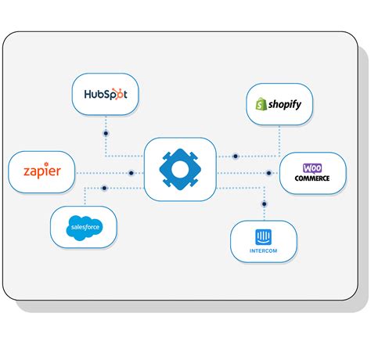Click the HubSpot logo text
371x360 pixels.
(x=105, y=95)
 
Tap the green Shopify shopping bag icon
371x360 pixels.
(x=260, y=104)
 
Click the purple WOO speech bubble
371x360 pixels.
(x=312, y=167)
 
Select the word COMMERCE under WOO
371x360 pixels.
(x=312, y=178)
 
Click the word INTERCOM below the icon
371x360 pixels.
(x=263, y=250)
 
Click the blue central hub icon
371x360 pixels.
(x=180, y=169)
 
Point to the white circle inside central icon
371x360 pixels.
(x=180, y=169)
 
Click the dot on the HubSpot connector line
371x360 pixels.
(x=106, y=134)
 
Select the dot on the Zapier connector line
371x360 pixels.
(x=131, y=173)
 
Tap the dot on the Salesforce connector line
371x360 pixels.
(x=105, y=188)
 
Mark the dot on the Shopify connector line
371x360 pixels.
(x=235, y=157)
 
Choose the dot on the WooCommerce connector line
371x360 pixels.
(x=268, y=173)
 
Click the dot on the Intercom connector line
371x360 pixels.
(x=264, y=203)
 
